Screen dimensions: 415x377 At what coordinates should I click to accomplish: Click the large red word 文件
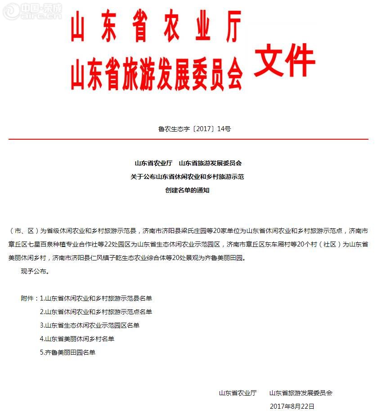[284, 61]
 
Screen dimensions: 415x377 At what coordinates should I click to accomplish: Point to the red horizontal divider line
[188, 139]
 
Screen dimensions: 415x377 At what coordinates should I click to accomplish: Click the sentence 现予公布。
[35, 272]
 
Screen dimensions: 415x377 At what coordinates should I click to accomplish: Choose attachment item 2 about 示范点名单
[96, 312]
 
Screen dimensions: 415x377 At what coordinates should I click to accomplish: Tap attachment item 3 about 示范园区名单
[90, 325]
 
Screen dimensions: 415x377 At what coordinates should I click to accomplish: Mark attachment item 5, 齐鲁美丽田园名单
[67, 352]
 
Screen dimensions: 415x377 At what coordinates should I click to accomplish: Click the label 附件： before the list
[30, 298]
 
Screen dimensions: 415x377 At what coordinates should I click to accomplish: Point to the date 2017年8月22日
[292, 406]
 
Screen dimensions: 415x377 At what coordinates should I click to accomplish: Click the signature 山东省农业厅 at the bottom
[238, 393]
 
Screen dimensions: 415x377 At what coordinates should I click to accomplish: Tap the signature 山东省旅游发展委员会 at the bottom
[301, 393]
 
